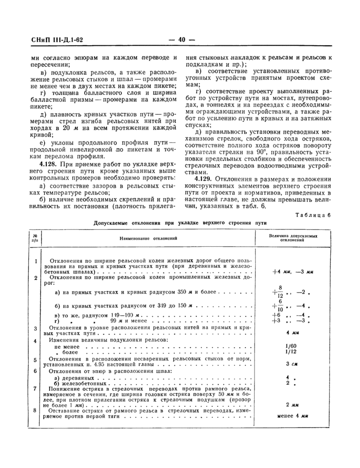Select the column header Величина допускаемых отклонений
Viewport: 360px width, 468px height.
293,237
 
